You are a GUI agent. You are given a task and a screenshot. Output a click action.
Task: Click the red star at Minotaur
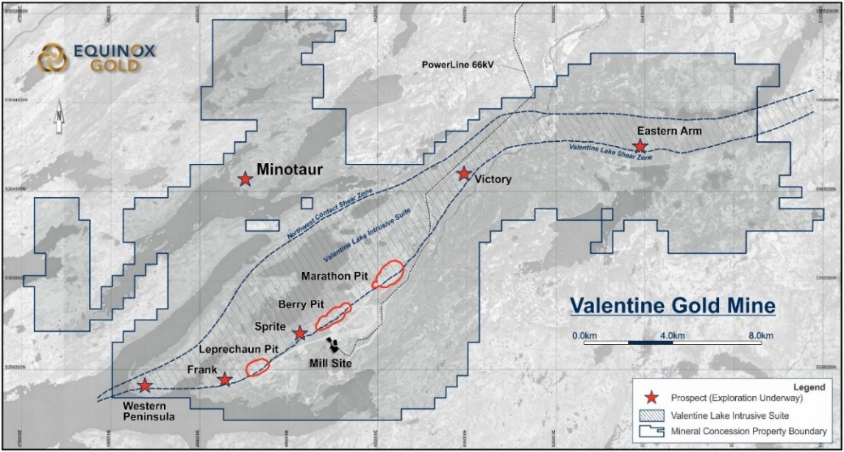245,179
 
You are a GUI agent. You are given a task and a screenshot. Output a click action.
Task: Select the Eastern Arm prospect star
640,146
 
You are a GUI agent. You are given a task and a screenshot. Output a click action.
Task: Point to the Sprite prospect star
300,334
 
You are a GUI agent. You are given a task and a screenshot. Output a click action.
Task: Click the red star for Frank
226,379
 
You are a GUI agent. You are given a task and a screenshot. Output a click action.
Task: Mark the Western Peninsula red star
146,385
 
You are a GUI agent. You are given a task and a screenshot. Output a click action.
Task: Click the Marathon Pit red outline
387,274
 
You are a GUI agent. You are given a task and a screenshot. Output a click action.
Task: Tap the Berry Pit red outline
332,317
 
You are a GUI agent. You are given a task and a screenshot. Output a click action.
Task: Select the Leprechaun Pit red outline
257,366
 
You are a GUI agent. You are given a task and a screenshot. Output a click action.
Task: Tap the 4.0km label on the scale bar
673,336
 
